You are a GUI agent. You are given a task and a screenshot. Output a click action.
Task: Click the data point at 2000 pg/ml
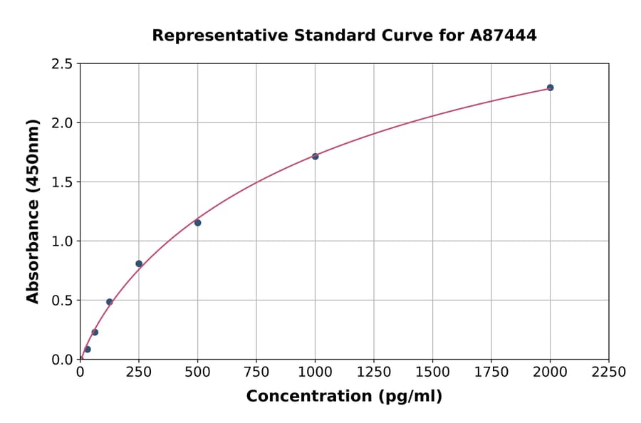[x=550, y=88]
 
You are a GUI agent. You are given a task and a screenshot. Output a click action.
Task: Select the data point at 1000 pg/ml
[x=315, y=156]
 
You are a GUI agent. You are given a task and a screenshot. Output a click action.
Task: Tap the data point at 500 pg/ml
[x=197, y=223]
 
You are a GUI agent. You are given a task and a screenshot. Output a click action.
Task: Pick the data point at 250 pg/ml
[x=139, y=263]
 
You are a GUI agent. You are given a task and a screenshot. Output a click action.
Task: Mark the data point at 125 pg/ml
[x=109, y=302]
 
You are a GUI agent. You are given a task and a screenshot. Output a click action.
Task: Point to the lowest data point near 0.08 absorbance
[x=88, y=350]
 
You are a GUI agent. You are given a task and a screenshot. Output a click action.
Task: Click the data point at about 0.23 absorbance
[x=95, y=333]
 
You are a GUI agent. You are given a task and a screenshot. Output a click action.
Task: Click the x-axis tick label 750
[x=256, y=372]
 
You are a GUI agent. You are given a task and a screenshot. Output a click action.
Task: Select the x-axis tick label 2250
[x=609, y=372]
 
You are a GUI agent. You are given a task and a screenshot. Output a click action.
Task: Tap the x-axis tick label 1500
[x=432, y=372]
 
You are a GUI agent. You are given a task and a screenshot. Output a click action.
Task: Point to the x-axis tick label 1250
[x=374, y=372]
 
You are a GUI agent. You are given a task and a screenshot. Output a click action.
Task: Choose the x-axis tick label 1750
[x=491, y=372]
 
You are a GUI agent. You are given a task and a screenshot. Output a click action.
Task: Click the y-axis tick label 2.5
[x=61, y=64]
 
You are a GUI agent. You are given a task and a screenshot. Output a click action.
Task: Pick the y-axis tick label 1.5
[x=61, y=182]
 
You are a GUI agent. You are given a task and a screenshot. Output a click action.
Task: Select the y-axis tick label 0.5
[x=61, y=301]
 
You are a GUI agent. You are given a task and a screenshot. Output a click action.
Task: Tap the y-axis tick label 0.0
[x=61, y=360]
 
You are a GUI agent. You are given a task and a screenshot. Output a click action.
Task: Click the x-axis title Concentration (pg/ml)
[x=344, y=397]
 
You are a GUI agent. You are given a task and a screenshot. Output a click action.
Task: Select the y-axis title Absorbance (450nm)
[x=33, y=211]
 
